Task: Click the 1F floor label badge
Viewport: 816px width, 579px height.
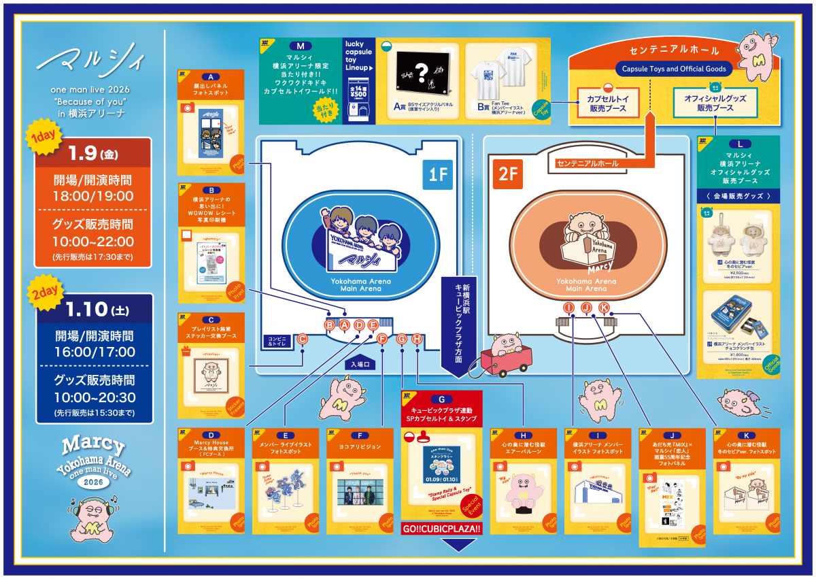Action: (437, 175)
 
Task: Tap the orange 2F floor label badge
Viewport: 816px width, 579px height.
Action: (507, 175)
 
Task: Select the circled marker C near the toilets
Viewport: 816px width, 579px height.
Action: (303, 339)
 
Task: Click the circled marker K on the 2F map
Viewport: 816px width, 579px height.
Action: (603, 308)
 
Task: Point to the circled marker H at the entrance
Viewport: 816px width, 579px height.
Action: (418, 338)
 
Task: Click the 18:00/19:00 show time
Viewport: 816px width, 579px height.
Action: (93, 196)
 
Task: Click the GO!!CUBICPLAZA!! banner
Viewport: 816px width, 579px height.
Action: (441, 529)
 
